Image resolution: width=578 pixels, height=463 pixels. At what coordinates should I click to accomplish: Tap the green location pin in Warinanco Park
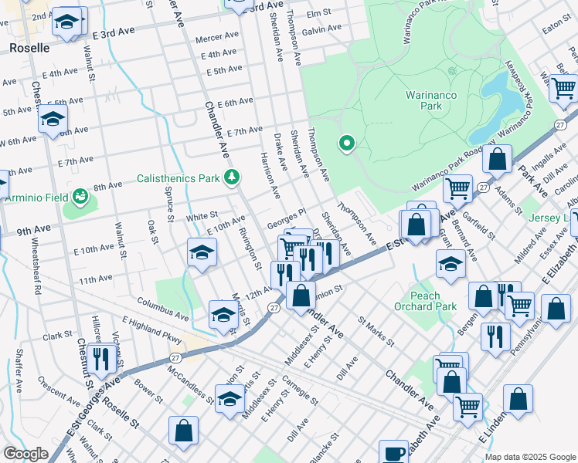347,143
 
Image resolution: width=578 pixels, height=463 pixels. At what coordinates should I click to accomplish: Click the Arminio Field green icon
80,197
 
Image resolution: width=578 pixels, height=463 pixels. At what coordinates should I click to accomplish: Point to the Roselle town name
29,48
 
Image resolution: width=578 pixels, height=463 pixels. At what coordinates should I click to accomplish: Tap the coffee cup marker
393,453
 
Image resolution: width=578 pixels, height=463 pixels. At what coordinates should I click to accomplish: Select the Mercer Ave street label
217,37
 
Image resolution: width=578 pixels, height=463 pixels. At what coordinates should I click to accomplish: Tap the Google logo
25,454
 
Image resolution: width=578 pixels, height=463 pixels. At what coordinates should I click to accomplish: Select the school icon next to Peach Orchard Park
450,264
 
